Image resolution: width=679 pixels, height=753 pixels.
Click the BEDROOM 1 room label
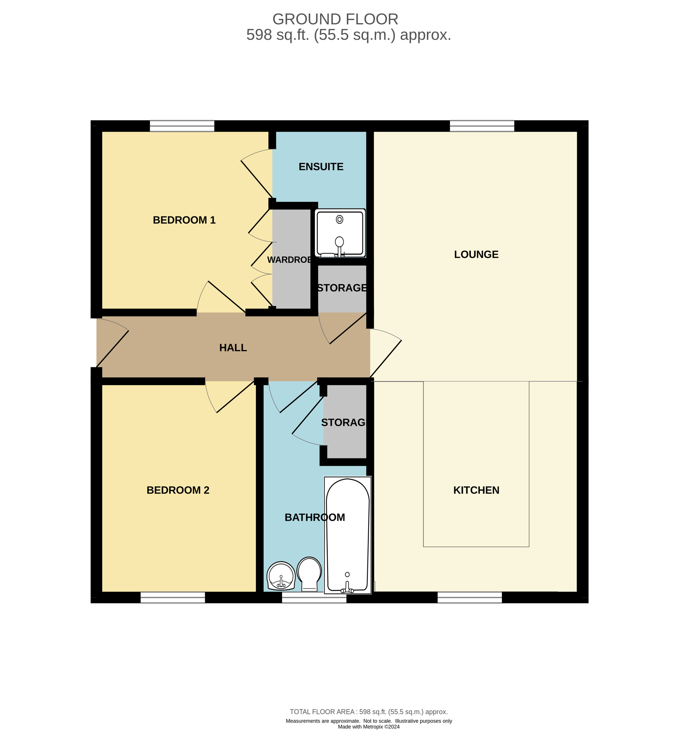(x=184, y=220)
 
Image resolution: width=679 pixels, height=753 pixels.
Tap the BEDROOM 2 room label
(x=178, y=490)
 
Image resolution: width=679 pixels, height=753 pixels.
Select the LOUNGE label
(x=476, y=255)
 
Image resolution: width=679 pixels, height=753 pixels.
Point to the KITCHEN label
(x=476, y=490)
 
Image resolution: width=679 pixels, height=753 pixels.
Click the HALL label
(x=233, y=348)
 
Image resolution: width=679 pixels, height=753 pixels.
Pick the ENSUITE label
(x=321, y=167)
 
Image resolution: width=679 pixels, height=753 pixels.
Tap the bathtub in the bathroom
(x=348, y=535)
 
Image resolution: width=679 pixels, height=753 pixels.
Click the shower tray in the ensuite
(x=340, y=233)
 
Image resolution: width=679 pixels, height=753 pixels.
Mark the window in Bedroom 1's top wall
(x=182, y=126)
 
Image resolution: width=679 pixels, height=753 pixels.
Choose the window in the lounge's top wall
(x=482, y=126)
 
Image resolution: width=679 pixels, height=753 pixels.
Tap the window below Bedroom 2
(x=173, y=597)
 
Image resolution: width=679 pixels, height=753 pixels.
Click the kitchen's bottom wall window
(x=470, y=597)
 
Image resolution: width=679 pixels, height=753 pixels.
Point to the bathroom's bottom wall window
(x=314, y=597)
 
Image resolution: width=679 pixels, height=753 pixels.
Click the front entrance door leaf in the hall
(x=113, y=349)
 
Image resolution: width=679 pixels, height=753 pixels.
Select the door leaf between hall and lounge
(x=386, y=359)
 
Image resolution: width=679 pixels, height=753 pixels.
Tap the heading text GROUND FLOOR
(x=336, y=20)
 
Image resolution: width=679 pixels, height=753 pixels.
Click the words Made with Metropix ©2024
(x=369, y=726)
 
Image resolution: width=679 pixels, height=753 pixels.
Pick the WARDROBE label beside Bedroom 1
(x=289, y=260)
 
